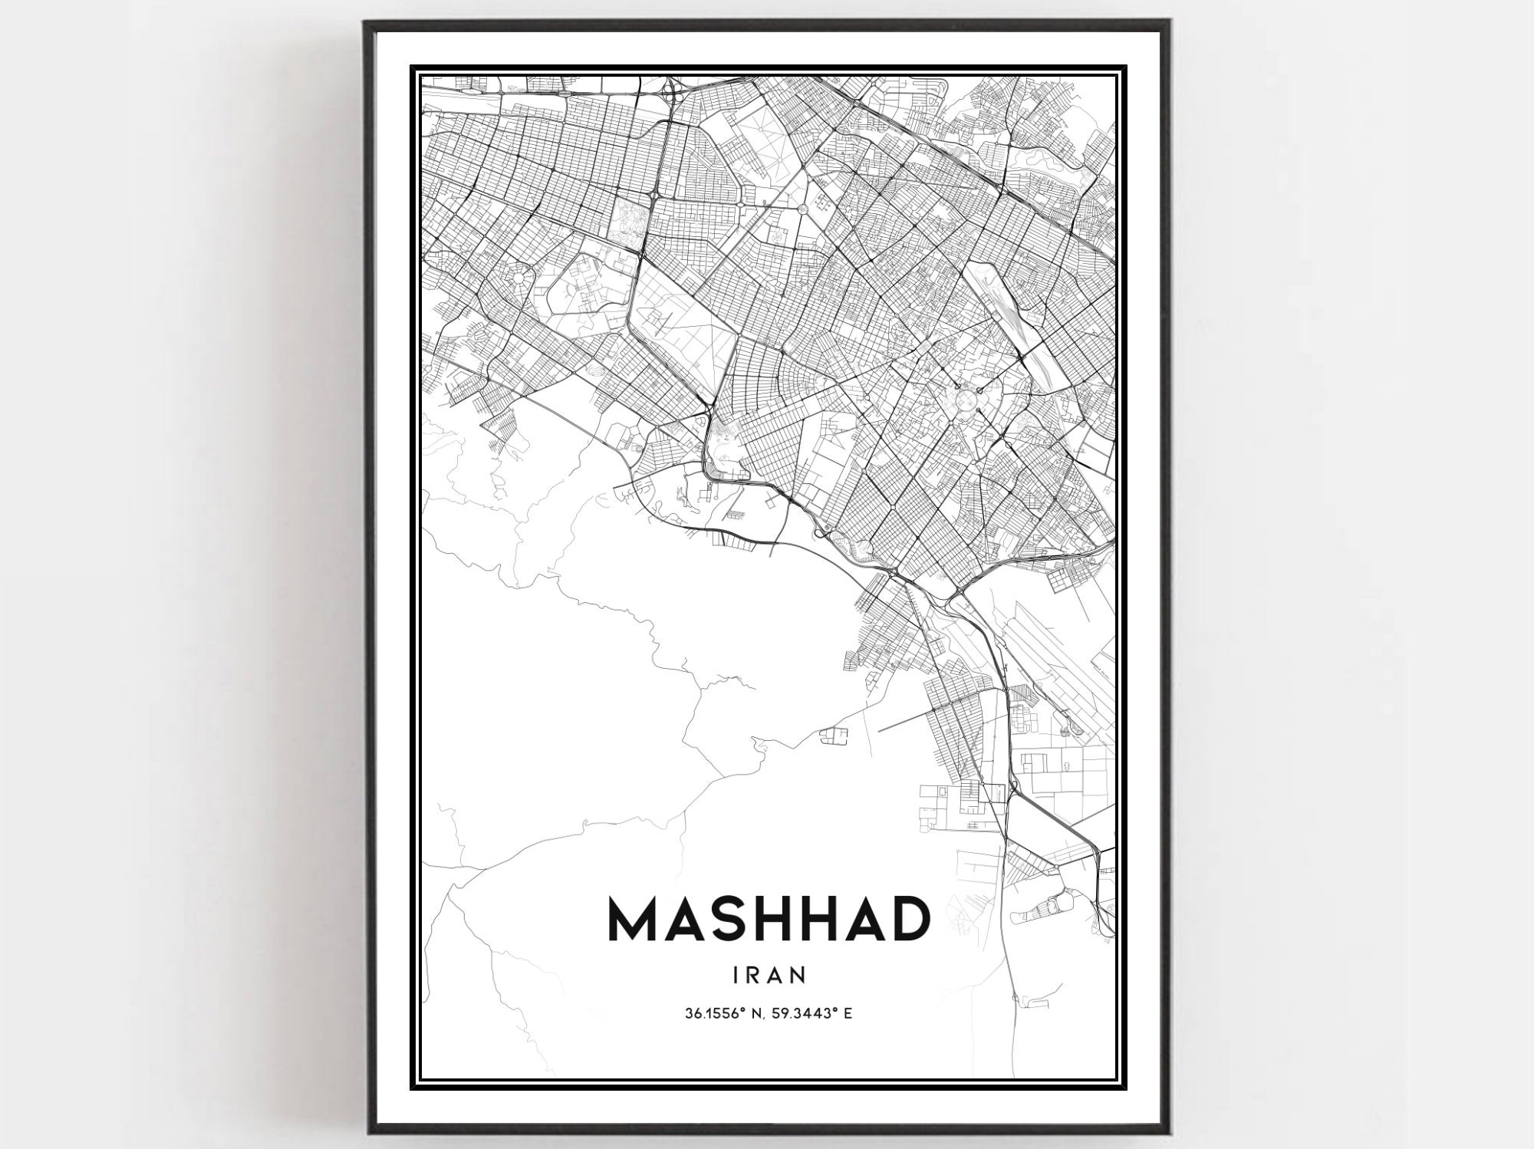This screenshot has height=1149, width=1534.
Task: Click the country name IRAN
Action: point(769,974)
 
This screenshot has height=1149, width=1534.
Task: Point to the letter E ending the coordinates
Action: point(849,1013)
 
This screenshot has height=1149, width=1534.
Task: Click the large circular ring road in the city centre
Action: point(966,398)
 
